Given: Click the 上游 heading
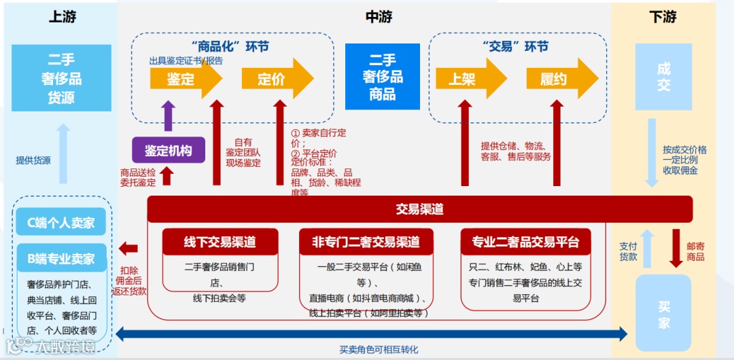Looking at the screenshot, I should pyautogui.click(x=62, y=17).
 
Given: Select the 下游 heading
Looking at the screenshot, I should pyautogui.click(x=662, y=17).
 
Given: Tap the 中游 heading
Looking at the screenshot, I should pyautogui.click(x=379, y=17).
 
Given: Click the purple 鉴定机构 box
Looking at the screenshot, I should pyautogui.click(x=169, y=151).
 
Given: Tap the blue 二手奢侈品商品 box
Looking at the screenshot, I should pyautogui.click(x=383, y=77).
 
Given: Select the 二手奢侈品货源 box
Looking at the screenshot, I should pyautogui.click(x=61, y=78).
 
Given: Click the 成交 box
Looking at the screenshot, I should pyautogui.click(x=663, y=77).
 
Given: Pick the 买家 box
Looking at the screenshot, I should pyautogui.click(x=663, y=314).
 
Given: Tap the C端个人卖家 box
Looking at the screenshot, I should pyautogui.click(x=61, y=223).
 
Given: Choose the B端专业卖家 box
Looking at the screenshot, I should pyautogui.click(x=61, y=259).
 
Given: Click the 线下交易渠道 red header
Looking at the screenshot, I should pyautogui.click(x=220, y=242).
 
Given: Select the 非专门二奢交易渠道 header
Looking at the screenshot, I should pyautogui.click(x=366, y=242).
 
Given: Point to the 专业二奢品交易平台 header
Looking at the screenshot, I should pyautogui.click(x=525, y=242).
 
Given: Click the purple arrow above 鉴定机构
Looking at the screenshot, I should pyautogui.click(x=169, y=116).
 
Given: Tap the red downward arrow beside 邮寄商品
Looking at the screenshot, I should pyautogui.click(x=676, y=248).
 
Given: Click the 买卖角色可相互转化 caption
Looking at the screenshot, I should pyautogui.click(x=379, y=350).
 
